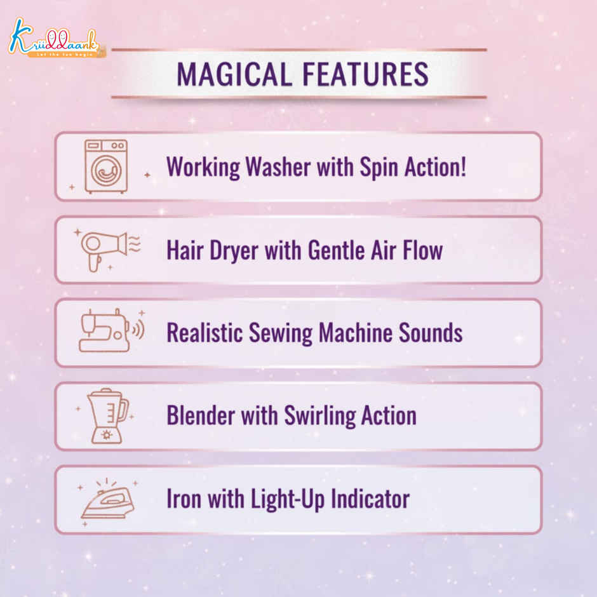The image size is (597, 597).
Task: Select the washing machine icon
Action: point(106,166)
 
